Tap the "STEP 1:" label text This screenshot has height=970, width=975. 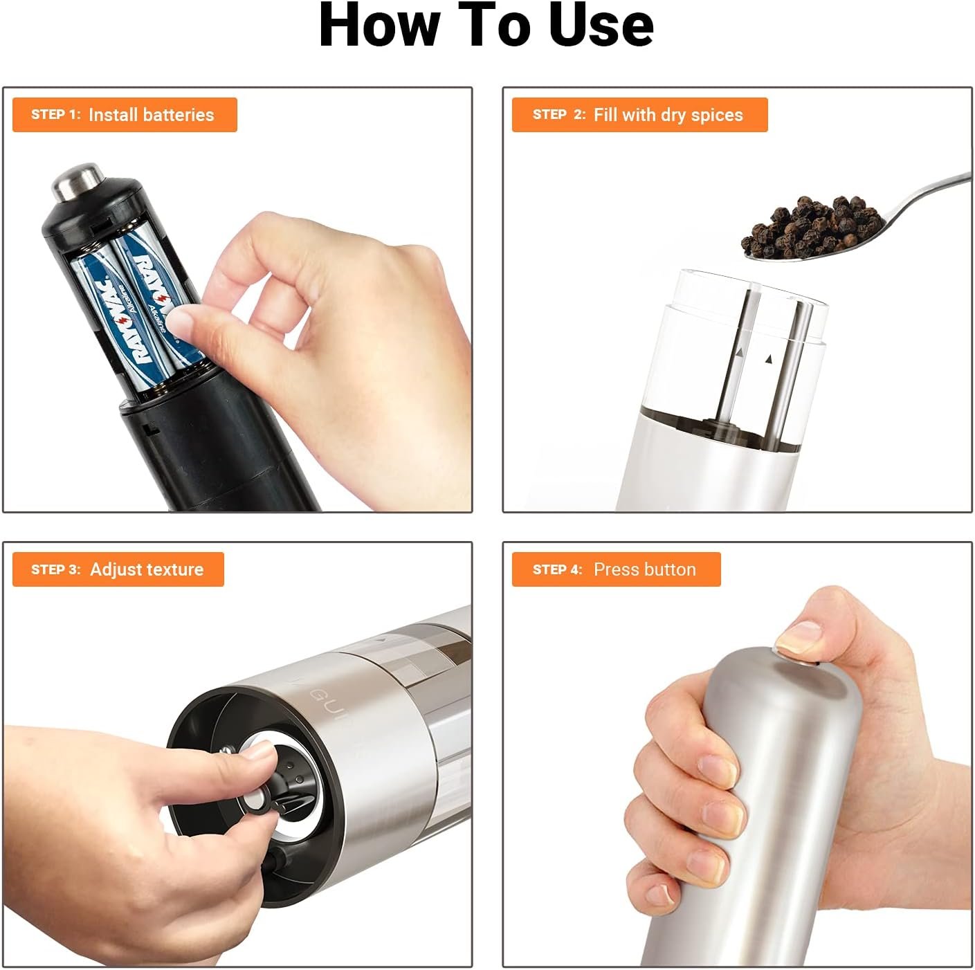click(55, 114)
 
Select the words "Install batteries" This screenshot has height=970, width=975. click(152, 115)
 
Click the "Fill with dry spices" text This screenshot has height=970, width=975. click(668, 115)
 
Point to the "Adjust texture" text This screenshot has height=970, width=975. click(147, 569)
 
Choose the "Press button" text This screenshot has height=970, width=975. click(645, 569)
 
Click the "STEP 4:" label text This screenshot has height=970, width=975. click(558, 569)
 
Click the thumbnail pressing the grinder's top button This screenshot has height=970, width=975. click(799, 639)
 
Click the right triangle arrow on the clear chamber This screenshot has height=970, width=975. click(769, 359)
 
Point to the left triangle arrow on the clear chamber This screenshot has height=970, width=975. click(740, 351)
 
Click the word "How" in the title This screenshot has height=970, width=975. click(380, 25)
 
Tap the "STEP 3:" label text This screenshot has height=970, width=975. click(55, 569)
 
